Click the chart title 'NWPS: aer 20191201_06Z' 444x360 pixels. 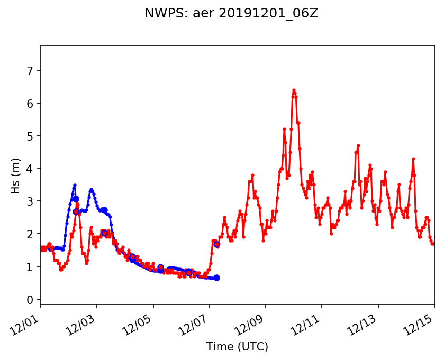(231, 14)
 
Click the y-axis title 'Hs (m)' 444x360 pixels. (16, 176)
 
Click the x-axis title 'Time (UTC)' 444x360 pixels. (237, 347)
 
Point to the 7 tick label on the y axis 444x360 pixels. (30, 70)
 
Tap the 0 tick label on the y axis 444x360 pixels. (30, 300)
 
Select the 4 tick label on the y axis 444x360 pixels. (30, 169)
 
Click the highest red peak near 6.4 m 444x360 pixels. (294, 90)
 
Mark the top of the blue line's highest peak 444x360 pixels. (75, 185)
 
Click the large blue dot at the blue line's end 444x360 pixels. (216, 278)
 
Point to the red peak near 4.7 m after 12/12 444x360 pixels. (358, 145)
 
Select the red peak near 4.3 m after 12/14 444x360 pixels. (413, 159)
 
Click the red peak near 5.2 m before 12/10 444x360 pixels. (284, 129)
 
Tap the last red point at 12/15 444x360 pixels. (434, 244)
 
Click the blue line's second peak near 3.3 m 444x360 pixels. (91, 190)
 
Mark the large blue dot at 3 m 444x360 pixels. (76, 199)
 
